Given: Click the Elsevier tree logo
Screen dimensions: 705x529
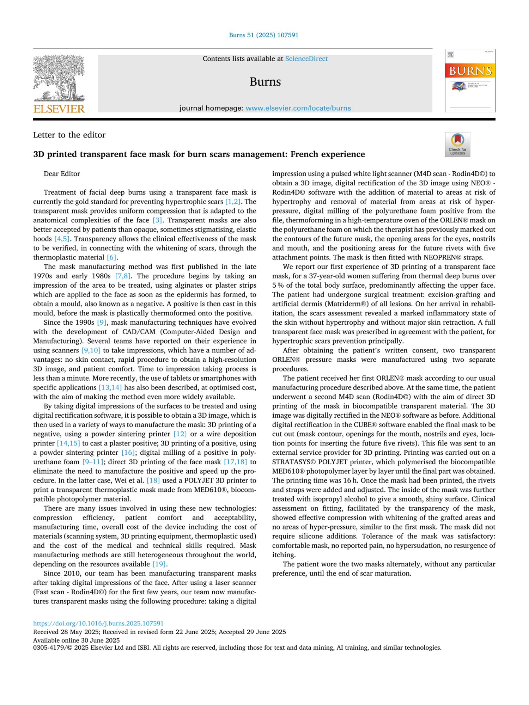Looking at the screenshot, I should click(59, 78).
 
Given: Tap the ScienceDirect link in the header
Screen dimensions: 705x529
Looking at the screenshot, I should click(306, 59).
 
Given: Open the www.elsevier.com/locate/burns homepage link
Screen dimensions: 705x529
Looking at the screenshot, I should click(298, 108).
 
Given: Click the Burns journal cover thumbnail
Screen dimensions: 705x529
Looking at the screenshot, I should click(470, 81).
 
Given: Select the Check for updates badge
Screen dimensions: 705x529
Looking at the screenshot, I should click(457, 145).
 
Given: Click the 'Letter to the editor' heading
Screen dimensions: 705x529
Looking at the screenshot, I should click(69, 135).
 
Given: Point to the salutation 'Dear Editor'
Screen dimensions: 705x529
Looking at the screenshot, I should click(62, 174).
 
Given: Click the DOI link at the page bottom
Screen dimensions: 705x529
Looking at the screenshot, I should click(98, 624).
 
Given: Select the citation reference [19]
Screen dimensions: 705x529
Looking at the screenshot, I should click(159, 564).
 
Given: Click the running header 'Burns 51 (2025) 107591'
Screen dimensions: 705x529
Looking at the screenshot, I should click(264, 35).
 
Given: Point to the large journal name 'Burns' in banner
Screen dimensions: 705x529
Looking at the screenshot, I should click(265, 82).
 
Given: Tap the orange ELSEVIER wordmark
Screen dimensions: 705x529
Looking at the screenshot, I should click(59, 109).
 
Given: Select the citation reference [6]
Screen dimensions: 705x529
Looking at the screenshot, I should click(111, 257).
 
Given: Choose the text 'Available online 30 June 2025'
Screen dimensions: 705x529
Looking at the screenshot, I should click(77, 640).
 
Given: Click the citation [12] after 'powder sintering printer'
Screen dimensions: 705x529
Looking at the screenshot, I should click(180, 434).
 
